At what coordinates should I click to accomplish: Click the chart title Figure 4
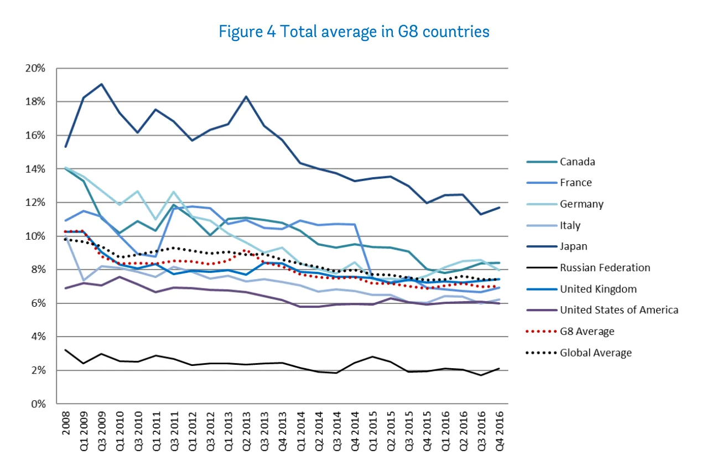pyautogui.click(x=354, y=32)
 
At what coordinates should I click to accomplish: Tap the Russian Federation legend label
pyautogui.click(x=605, y=267)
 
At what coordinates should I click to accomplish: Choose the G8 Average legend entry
pyautogui.click(x=587, y=331)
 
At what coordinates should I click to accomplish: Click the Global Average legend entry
pyautogui.click(x=595, y=353)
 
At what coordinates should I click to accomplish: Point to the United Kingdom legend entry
pyautogui.click(x=598, y=289)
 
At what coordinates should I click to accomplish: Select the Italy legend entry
pyautogui.click(x=569, y=225)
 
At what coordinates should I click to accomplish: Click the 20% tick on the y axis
pyautogui.click(x=36, y=68)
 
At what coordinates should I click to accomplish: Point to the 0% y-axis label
pyautogui.click(x=38, y=404)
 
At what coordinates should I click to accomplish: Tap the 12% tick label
pyautogui.click(x=36, y=203)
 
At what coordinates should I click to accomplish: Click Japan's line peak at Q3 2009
pyautogui.click(x=101, y=84)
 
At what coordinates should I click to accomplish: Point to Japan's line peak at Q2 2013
pyautogui.click(x=246, y=96)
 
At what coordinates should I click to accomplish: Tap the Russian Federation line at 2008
pyautogui.click(x=65, y=350)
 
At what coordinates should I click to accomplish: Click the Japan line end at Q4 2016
pyautogui.click(x=500, y=208)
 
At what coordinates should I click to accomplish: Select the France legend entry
pyautogui.click(x=574, y=183)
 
